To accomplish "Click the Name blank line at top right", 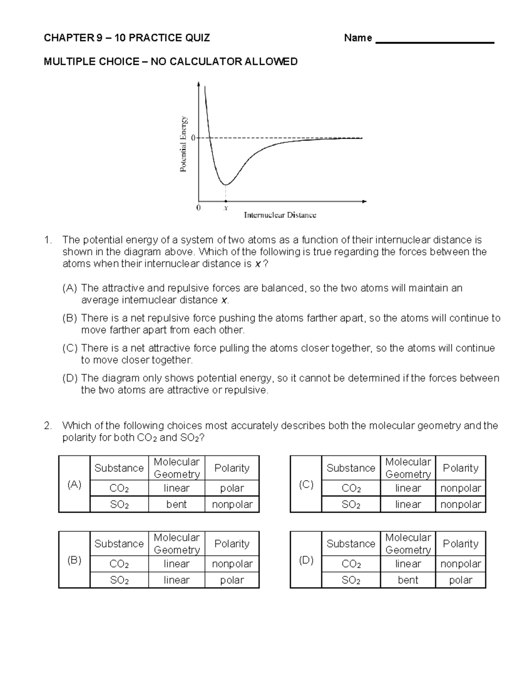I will [x=434, y=42].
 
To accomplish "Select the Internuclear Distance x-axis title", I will [x=280, y=215].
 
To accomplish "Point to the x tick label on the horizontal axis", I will [x=226, y=208].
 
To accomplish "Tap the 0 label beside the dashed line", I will [x=193, y=138].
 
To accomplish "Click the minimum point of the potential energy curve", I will [x=226, y=184].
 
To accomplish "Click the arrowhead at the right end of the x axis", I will [x=364, y=202].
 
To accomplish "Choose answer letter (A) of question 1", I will [x=70, y=288].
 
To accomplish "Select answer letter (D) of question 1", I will [x=70, y=378].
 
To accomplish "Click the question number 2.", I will [x=48, y=426].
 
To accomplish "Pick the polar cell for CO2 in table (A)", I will [x=232, y=488].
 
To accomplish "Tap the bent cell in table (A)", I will [x=176, y=504].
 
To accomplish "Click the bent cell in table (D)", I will [x=408, y=580].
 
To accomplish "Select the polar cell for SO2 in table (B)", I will [x=232, y=580].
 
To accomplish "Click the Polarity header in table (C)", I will [x=461, y=468].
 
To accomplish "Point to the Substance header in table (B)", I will [x=119, y=544].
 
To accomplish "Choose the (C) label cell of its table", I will [x=306, y=484].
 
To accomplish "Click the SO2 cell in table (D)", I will [x=351, y=580].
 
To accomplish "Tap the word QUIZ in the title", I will [x=198, y=38].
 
